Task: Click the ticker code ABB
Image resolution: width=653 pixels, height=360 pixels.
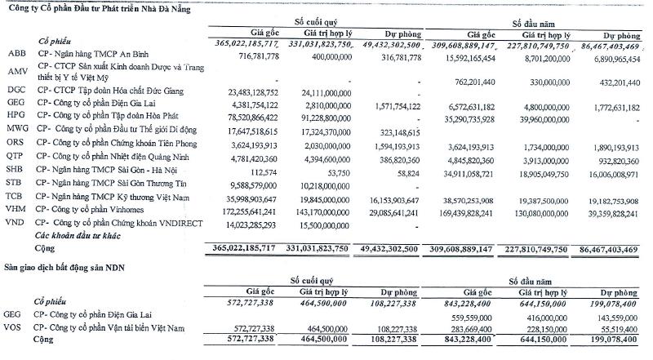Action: click(13, 51)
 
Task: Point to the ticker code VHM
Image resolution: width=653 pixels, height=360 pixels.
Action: click(14, 211)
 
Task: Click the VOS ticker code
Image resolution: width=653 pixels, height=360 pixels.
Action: click(13, 327)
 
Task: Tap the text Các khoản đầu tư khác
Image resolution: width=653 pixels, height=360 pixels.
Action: click(82, 235)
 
